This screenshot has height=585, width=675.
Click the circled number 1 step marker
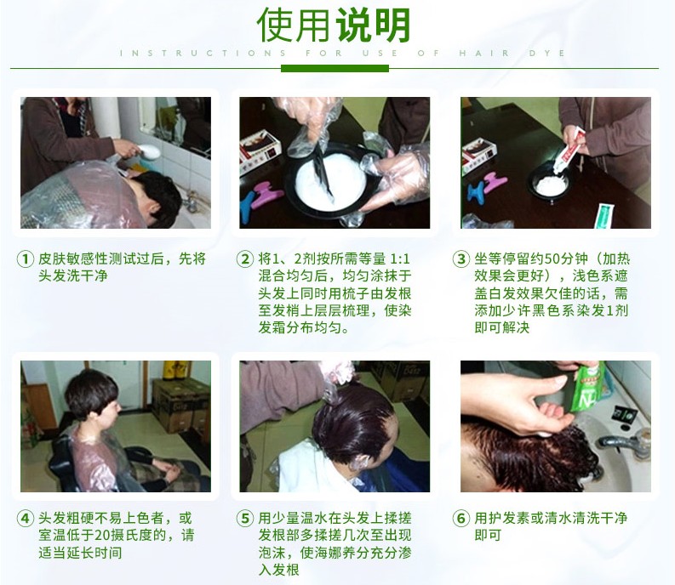[x=25, y=259]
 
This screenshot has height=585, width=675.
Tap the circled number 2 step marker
[x=245, y=259]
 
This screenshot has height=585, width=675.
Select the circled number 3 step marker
[x=461, y=259]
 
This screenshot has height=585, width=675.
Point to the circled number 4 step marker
[x=25, y=518]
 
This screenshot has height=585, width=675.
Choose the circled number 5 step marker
[x=245, y=518]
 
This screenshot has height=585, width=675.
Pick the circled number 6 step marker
[x=461, y=518]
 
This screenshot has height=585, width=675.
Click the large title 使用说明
[x=334, y=25]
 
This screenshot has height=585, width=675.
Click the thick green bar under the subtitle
[x=335, y=68]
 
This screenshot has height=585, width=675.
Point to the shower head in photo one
[x=148, y=151]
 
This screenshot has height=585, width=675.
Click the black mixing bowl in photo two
[x=330, y=180]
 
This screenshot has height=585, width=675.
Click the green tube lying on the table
[x=604, y=215]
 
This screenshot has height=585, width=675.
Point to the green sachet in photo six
[x=588, y=387]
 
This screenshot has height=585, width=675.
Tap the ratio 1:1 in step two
[x=400, y=259]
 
